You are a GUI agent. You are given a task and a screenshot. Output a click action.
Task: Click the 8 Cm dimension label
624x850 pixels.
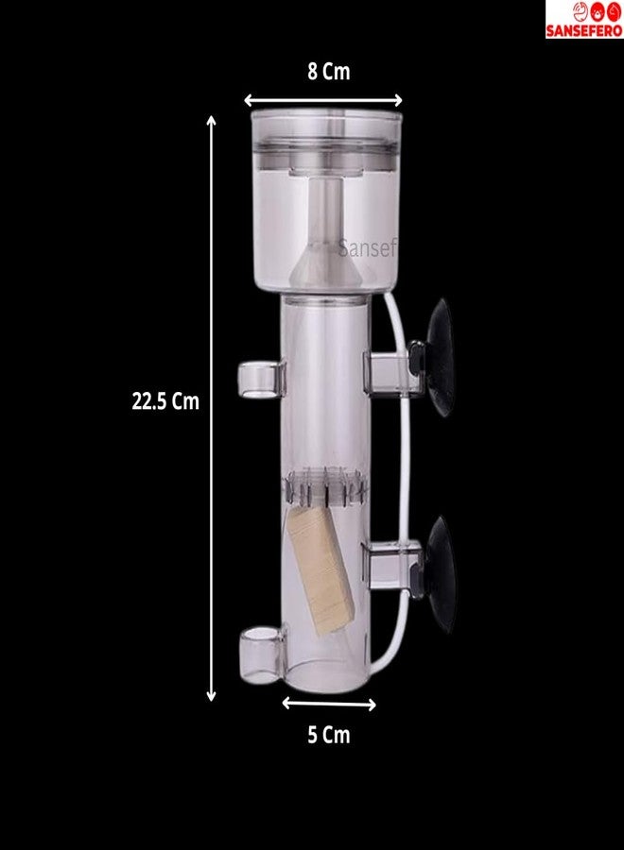[x=329, y=72]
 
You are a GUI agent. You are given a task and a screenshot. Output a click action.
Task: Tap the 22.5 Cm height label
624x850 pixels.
[x=165, y=401]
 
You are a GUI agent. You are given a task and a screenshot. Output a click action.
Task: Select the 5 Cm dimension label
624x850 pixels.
[x=329, y=735]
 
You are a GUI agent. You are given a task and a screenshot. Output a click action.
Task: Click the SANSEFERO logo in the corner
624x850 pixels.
[x=584, y=20]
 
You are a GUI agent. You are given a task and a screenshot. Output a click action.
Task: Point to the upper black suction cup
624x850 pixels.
[x=440, y=358]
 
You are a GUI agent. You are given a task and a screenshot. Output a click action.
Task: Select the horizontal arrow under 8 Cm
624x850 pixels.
[x=323, y=100]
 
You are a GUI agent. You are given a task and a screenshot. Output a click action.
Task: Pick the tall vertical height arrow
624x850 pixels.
[x=212, y=408]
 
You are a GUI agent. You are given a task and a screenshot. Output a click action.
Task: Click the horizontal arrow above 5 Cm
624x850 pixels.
[x=329, y=705]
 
